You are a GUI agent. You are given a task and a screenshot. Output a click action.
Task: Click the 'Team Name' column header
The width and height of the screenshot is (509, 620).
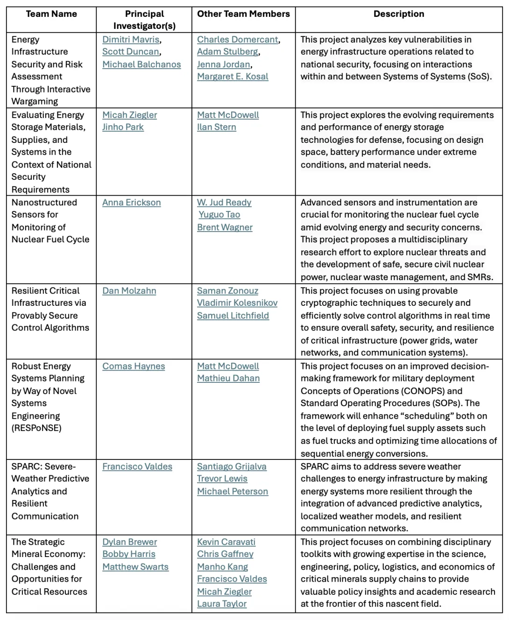tap(51, 14)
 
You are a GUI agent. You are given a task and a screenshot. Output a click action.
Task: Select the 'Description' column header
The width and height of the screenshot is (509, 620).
tap(399, 14)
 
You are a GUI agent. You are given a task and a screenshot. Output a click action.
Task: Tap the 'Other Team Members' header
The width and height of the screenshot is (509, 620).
tap(243, 14)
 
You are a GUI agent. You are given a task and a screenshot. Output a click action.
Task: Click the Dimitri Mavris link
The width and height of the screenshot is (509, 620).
tap(131, 40)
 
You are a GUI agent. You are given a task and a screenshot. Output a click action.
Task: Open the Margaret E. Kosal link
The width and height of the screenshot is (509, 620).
tap(233, 77)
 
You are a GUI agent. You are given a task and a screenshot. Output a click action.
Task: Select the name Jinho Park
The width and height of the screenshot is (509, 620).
tap(123, 127)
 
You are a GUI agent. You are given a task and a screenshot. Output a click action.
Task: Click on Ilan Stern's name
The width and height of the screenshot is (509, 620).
tap(216, 127)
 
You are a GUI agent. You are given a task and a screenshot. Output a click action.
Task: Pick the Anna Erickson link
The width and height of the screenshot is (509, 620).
tap(131, 203)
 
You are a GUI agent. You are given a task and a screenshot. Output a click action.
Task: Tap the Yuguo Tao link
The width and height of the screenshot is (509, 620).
tap(219, 215)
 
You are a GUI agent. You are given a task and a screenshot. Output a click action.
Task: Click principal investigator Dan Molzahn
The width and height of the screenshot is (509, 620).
tap(129, 291)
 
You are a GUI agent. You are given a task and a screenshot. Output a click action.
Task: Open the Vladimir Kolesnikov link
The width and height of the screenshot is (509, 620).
tap(237, 303)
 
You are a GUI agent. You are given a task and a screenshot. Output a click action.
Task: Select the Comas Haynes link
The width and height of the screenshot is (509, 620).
tap(134, 366)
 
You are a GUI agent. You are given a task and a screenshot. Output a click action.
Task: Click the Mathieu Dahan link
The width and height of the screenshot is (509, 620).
tap(228, 379)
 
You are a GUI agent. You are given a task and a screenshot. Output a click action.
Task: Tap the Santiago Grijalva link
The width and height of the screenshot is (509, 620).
tap(232, 467)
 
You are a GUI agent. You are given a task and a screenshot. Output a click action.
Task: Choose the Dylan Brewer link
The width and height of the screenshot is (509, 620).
tap(129, 542)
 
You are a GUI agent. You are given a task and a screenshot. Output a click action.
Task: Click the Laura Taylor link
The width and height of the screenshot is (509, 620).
tap(221, 604)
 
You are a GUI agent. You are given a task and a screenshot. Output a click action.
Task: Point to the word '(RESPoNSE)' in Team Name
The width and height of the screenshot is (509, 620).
tap(36, 428)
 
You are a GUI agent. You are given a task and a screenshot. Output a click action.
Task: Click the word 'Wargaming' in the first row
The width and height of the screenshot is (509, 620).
tap(35, 101)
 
